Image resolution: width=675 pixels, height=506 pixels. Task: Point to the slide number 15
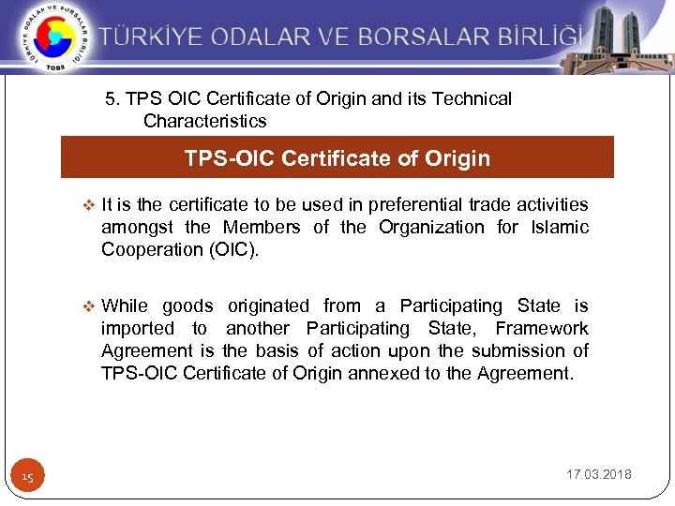[x=28, y=478]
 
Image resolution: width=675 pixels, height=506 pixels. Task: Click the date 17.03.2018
[x=599, y=475]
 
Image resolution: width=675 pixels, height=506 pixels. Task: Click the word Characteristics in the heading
[x=204, y=121]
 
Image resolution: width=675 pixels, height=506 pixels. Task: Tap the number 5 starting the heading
[x=111, y=98]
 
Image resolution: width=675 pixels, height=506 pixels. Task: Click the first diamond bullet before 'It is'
[x=89, y=205]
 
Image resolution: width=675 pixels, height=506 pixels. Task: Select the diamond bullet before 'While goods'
[x=89, y=306]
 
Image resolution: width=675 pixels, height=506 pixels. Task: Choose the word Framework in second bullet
[x=542, y=328]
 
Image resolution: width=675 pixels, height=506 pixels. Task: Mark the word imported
[x=138, y=328]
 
